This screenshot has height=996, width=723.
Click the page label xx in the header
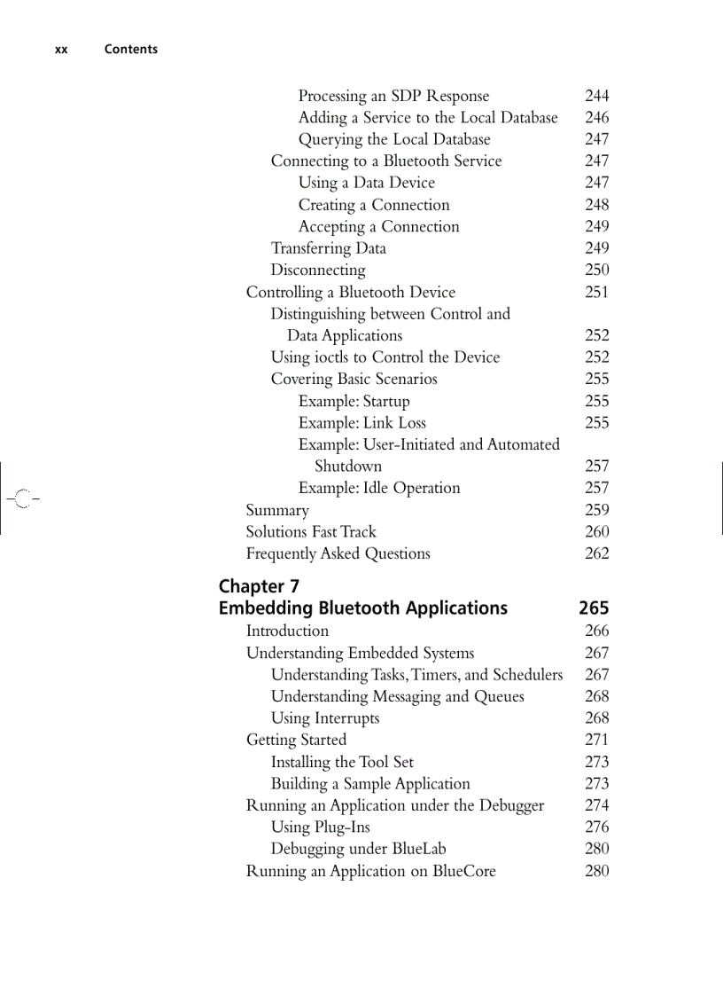pyautogui.click(x=61, y=50)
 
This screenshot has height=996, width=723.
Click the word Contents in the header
pyautogui.click(x=130, y=50)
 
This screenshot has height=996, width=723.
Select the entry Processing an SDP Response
pyautogui.click(x=393, y=96)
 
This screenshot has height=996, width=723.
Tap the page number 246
pyautogui.click(x=596, y=117)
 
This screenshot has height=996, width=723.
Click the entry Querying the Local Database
pyautogui.click(x=393, y=139)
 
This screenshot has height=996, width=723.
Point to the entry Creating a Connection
pyautogui.click(x=373, y=205)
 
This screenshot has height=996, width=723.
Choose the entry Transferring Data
pyautogui.click(x=328, y=248)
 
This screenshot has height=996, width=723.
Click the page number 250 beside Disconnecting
pyautogui.click(x=596, y=270)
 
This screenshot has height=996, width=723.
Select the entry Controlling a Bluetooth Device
pyautogui.click(x=350, y=292)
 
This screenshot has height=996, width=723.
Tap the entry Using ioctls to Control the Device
pyautogui.click(x=385, y=357)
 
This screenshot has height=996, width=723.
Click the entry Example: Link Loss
pyautogui.click(x=361, y=423)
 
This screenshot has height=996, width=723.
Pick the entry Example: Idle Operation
pyautogui.click(x=378, y=488)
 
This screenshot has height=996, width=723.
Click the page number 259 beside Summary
pyautogui.click(x=596, y=510)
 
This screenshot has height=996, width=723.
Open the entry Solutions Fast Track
pyautogui.click(x=310, y=532)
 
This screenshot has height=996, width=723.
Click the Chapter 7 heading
pyautogui.click(x=259, y=586)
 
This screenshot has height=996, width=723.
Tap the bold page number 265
pyautogui.click(x=594, y=608)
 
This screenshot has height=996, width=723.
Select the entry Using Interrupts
pyautogui.click(x=324, y=718)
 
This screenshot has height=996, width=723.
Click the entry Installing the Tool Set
pyautogui.click(x=341, y=762)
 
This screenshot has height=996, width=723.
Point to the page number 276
pyautogui.click(x=596, y=827)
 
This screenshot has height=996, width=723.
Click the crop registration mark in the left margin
pyautogui.click(x=22, y=498)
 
